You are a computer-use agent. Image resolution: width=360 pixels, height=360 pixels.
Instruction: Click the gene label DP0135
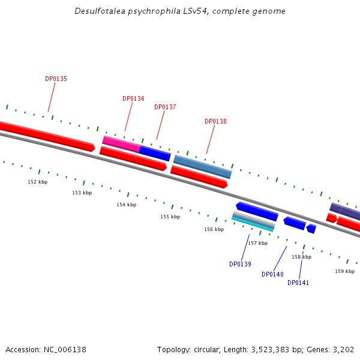(x=56, y=79)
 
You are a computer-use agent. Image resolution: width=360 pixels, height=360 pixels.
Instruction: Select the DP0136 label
(x=133, y=98)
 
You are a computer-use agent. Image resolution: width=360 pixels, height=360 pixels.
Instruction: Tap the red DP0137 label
(x=165, y=107)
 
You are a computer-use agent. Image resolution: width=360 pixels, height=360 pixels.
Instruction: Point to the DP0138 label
(x=215, y=121)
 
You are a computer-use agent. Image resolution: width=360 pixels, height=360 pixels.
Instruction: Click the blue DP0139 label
(x=240, y=264)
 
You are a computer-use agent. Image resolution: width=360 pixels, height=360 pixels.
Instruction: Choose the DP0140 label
(x=272, y=274)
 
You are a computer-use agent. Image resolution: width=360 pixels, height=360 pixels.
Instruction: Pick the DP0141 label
(x=298, y=283)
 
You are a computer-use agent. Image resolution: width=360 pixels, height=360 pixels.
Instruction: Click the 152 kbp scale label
(x=37, y=182)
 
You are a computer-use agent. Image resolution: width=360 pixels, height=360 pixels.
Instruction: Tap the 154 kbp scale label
(x=126, y=205)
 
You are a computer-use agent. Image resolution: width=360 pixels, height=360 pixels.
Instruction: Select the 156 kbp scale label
(x=214, y=229)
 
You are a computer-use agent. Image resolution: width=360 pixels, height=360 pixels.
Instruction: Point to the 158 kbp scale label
(x=301, y=257)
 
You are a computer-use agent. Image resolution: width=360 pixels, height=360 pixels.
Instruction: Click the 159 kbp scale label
(x=344, y=271)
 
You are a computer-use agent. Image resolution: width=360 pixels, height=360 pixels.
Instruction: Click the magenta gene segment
(x=121, y=143)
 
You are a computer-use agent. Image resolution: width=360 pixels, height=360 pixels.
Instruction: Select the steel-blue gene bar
(x=202, y=166)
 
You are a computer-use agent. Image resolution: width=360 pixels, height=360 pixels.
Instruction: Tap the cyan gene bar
(x=253, y=224)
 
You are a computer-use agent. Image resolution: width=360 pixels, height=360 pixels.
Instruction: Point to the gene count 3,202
(x=343, y=349)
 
